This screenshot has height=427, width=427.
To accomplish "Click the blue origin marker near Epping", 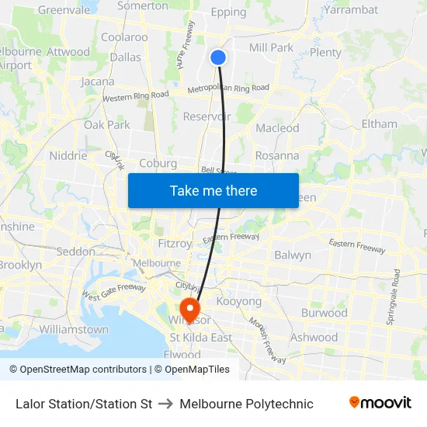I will [x=218, y=57].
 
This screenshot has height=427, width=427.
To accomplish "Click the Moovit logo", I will [x=380, y=403].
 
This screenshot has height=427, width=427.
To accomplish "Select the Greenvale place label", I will [x=64, y=10].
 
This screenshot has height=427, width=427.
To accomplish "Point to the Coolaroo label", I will [x=124, y=37].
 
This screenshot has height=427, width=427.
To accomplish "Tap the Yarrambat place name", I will [x=351, y=10].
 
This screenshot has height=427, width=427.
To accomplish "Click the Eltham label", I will [x=379, y=123].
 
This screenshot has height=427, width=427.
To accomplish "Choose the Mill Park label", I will [x=272, y=48].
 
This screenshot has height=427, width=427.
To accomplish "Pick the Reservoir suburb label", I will [x=207, y=116].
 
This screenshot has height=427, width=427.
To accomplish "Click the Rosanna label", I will [x=277, y=155].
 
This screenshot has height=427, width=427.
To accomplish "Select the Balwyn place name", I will [x=293, y=255].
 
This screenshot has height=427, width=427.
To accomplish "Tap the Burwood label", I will [x=324, y=313].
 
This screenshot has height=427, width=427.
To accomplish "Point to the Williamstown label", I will [x=74, y=329].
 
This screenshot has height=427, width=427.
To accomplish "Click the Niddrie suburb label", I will [x=68, y=155].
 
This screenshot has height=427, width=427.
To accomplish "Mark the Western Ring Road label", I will [x=136, y=96].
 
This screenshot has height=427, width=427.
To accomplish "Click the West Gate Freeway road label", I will [x=114, y=293].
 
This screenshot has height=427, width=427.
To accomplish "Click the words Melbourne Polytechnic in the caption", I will [x=246, y=404].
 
